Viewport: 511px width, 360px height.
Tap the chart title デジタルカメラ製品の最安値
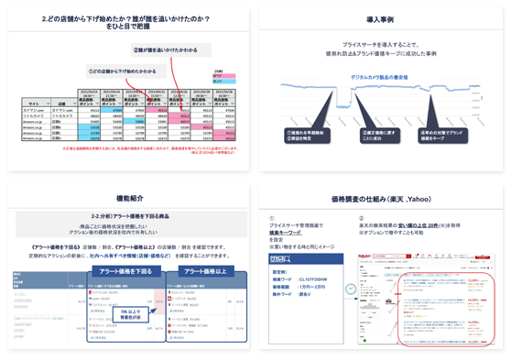click(x=381, y=77)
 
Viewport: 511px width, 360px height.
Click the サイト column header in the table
click(x=33, y=104)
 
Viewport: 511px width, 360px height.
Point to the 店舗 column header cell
click(x=61, y=104)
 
